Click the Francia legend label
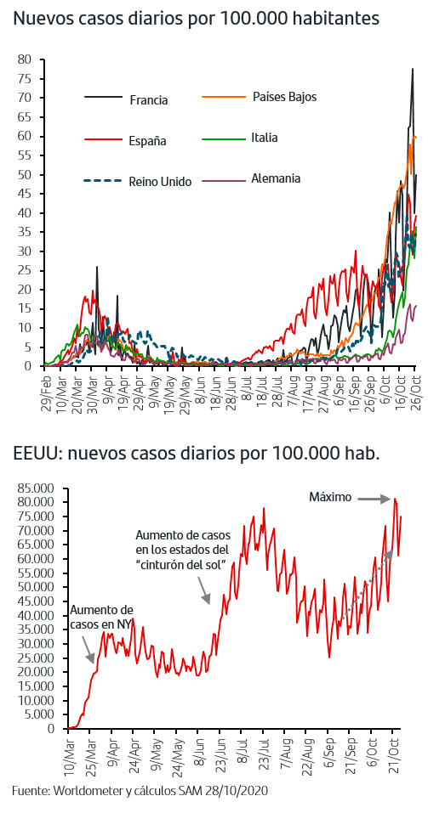[x=149, y=100]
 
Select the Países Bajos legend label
[x=284, y=97]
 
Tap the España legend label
[x=147, y=141]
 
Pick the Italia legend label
[x=265, y=138]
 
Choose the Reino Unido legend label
[x=161, y=182]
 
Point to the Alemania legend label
[x=276, y=178]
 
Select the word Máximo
[x=330, y=497]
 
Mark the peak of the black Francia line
[x=413, y=69]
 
